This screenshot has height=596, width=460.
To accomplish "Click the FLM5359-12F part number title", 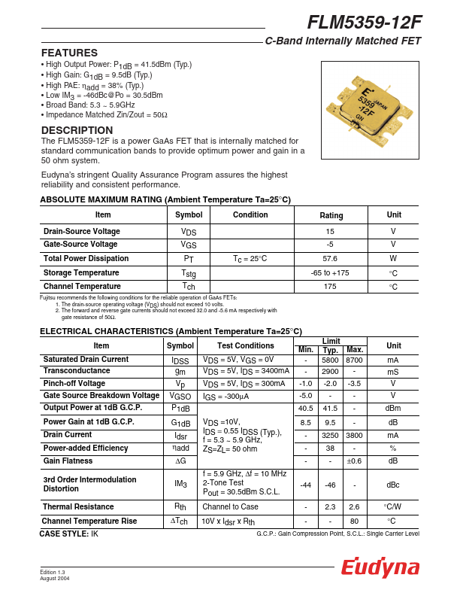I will pos(364,23).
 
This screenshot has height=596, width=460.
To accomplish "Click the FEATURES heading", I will pos(69,53).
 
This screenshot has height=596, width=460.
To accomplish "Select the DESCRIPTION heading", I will pos(77,130).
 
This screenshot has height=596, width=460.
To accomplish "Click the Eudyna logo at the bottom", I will pos(380,568).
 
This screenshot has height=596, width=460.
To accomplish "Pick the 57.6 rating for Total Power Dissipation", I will pos(330,259).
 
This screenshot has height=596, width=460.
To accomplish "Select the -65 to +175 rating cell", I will pos(330,272).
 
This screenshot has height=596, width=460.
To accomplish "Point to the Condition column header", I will pos(250,215).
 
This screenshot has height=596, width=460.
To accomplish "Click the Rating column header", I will pos(331,215).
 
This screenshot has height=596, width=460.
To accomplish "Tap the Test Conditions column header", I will pos(245,346).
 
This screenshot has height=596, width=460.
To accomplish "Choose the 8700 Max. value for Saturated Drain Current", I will pos(355,360).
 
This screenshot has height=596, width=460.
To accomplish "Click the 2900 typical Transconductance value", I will pos(330,372).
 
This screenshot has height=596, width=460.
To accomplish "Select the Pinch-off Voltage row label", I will pos(74,383).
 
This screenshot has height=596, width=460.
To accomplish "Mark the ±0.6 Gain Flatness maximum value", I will pos(355,461).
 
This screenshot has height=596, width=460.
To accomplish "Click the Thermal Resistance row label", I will pos(77,507).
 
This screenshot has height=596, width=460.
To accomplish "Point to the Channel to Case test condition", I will pos(230,507).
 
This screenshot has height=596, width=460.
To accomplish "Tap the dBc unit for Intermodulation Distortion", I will pos(393,485).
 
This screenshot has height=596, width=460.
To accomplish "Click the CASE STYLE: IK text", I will pos(69,534).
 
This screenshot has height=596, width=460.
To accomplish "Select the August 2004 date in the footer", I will pos(55,578).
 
